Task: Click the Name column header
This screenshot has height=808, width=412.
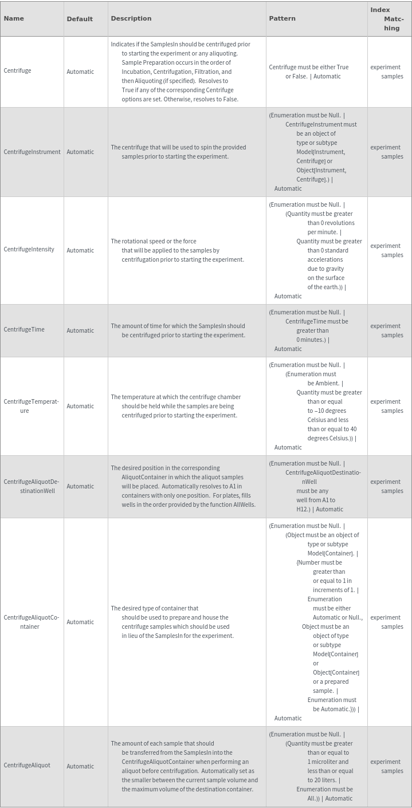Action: [14, 18]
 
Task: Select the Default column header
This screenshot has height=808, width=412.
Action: [80, 19]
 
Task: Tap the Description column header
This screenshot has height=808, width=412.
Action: [131, 18]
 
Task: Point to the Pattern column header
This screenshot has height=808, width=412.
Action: [282, 18]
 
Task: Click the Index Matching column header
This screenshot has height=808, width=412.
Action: [388, 19]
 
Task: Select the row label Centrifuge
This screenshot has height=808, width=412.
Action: [18, 71]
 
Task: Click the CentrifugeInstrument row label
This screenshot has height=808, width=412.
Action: [32, 152]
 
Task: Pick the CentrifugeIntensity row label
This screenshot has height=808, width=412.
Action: [29, 250]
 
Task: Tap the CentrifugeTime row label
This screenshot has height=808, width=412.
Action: [24, 330]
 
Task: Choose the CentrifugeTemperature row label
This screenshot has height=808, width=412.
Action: [31, 406]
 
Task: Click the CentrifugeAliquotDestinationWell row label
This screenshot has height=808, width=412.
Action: [32, 486]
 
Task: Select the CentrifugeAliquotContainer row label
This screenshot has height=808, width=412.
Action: [32, 622]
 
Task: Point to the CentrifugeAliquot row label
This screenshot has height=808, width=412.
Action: [27, 766]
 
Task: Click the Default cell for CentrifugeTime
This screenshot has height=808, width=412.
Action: [80, 330]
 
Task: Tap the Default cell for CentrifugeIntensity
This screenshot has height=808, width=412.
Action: [80, 250]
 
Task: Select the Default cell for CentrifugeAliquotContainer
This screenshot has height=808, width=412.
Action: [80, 622]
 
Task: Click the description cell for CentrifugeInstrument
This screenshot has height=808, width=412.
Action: [178, 152]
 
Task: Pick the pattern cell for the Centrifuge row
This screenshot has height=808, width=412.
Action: [309, 72]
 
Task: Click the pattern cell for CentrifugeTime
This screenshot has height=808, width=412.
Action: [309, 330]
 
